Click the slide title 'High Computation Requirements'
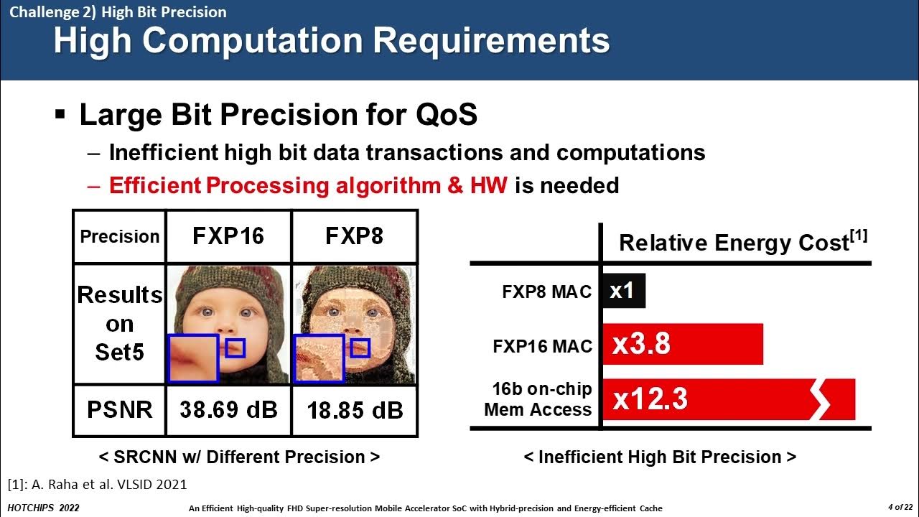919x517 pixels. tap(331, 41)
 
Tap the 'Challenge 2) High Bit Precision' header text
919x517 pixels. tap(118, 12)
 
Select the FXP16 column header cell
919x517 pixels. tap(228, 236)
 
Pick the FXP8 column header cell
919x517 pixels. tap(354, 236)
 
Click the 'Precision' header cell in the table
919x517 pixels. tap(120, 236)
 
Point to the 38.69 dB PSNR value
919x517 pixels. tap(228, 410)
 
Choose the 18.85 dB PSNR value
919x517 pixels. tap(354, 411)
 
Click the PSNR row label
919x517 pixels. tap(120, 410)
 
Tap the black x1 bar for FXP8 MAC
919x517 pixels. tap(623, 291)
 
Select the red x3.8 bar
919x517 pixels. tap(682, 344)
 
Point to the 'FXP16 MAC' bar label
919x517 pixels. tap(542, 346)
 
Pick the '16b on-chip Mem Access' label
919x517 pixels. tap(538, 399)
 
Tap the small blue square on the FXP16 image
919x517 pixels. tap(235, 348)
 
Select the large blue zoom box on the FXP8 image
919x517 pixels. tap(319, 358)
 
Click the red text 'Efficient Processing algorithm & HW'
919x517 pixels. tap(308, 185)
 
